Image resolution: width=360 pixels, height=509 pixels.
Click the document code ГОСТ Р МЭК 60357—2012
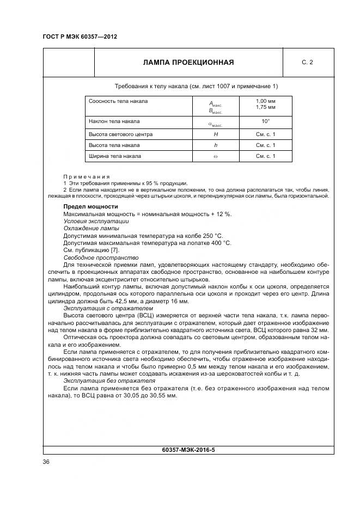(x=80, y=37)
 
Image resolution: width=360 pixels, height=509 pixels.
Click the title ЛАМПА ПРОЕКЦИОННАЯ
(x=188, y=62)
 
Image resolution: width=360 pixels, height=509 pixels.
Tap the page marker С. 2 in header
(x=307, y=62)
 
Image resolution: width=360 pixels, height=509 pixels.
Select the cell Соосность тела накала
(x=118, y=101)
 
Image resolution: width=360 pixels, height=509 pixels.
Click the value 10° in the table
(x=266, y=121)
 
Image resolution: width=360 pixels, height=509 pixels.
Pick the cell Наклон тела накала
(x=114, y=121)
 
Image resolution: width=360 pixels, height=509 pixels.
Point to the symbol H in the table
(x=216, y=134)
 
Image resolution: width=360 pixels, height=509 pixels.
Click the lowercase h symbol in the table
(x=216, y=145)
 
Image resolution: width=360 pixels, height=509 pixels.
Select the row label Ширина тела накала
(x=115, y=156)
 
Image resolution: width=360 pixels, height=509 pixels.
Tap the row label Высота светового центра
(x=120, y=134)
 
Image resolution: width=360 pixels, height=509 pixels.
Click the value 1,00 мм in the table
(x=266, y=101)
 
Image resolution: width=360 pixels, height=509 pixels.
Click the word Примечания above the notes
(x=87, y=177)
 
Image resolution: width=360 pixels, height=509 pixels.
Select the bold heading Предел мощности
(x=90, y=207)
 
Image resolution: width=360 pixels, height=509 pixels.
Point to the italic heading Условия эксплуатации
(x=96, y=222)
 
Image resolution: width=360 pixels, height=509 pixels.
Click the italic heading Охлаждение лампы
(x=91, y=229)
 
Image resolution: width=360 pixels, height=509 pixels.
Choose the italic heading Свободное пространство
(x=101, y=257)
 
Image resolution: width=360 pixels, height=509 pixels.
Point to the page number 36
(x=46, y=462)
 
